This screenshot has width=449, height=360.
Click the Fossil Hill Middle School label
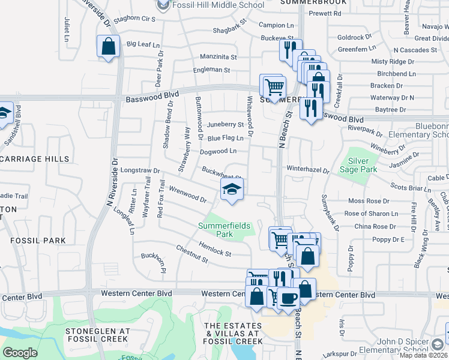click(217, 5)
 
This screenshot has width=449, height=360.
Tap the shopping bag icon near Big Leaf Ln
click(108, 46)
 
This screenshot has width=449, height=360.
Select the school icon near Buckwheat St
click(231, 191)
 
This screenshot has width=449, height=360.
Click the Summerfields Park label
click(224, 230)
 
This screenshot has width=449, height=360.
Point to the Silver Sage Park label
click(358, 165)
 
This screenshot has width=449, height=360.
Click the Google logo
click(20, 353)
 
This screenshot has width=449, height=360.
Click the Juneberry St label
click(225, 125)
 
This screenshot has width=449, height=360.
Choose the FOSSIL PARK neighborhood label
click(37, 240)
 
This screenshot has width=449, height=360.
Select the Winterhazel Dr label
click(308, 170)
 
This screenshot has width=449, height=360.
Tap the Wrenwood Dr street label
click(188, 194)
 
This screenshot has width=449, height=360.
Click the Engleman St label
click(211, 70)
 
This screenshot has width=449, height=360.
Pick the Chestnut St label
click(191, 254)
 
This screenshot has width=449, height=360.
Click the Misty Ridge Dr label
click(393, 61)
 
